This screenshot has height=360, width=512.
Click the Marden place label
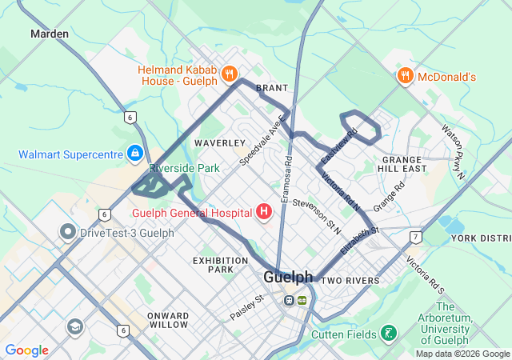point(50,34)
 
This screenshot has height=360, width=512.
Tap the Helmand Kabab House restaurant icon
point(230,74)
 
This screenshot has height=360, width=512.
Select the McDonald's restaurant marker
point(406,77)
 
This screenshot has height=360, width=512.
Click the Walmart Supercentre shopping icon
point(135,153)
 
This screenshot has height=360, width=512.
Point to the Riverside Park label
point(184,169)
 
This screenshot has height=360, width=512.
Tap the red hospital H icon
point(264,212)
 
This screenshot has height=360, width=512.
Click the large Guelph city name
point(288,277)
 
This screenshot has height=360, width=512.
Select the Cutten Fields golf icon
point(388,333)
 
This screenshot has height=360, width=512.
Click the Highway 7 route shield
point(415,237)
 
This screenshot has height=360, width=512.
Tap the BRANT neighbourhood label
point(271,88)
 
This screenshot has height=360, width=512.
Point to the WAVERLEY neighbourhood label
point(219,142)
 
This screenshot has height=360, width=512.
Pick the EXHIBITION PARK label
point(214,265)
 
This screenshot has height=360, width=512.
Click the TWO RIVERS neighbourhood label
point(350,281)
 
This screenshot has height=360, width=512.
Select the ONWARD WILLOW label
point(168,320)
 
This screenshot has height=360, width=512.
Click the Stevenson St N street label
point(317,215)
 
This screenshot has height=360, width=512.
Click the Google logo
point(26,350)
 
